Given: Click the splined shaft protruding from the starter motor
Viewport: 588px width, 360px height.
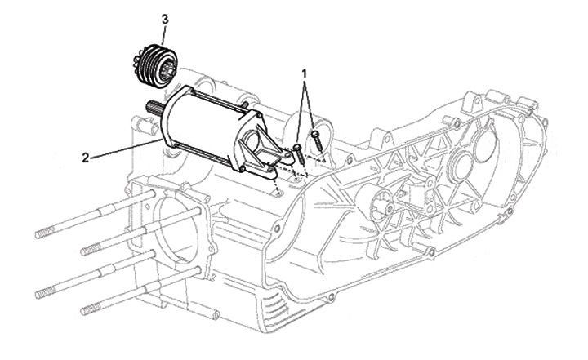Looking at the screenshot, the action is pyautogui.click(x=154, y=106).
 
